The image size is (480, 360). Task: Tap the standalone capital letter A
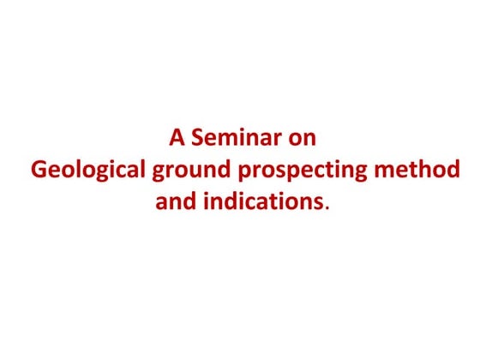coord(177,138)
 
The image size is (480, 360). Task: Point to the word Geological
coord(88,171)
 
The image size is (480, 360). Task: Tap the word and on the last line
coord(174,202)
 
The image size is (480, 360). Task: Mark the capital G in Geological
coord(39,171)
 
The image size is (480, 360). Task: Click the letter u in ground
coord(194,172)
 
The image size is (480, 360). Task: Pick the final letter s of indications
coord(320,204)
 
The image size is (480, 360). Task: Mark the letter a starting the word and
coord(161,204)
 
